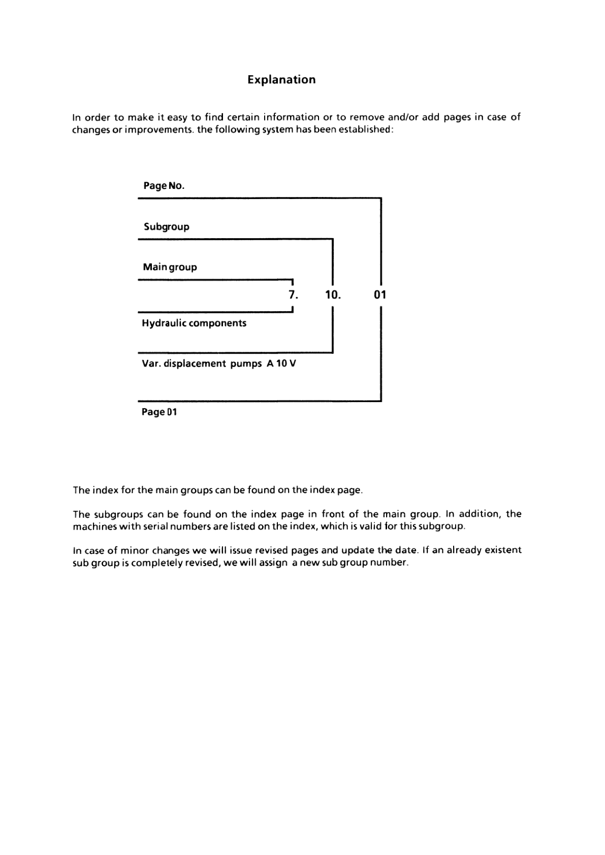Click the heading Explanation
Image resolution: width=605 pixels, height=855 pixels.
coord(281,80)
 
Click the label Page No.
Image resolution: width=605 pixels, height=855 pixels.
coord(164,186)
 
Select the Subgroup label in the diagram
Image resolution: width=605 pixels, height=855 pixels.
coord(166,227)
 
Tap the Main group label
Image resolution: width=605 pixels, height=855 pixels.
coord(170,267)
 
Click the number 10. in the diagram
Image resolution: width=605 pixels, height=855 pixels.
coord(333,294)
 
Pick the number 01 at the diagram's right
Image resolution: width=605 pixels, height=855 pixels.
coord(380,294)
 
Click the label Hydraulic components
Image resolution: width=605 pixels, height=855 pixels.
coord(194,323)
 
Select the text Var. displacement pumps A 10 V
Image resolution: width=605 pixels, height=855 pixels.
coord(218,364)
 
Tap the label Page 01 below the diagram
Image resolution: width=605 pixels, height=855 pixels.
coord(159,412)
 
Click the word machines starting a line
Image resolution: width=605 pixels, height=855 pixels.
coord(94,527)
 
